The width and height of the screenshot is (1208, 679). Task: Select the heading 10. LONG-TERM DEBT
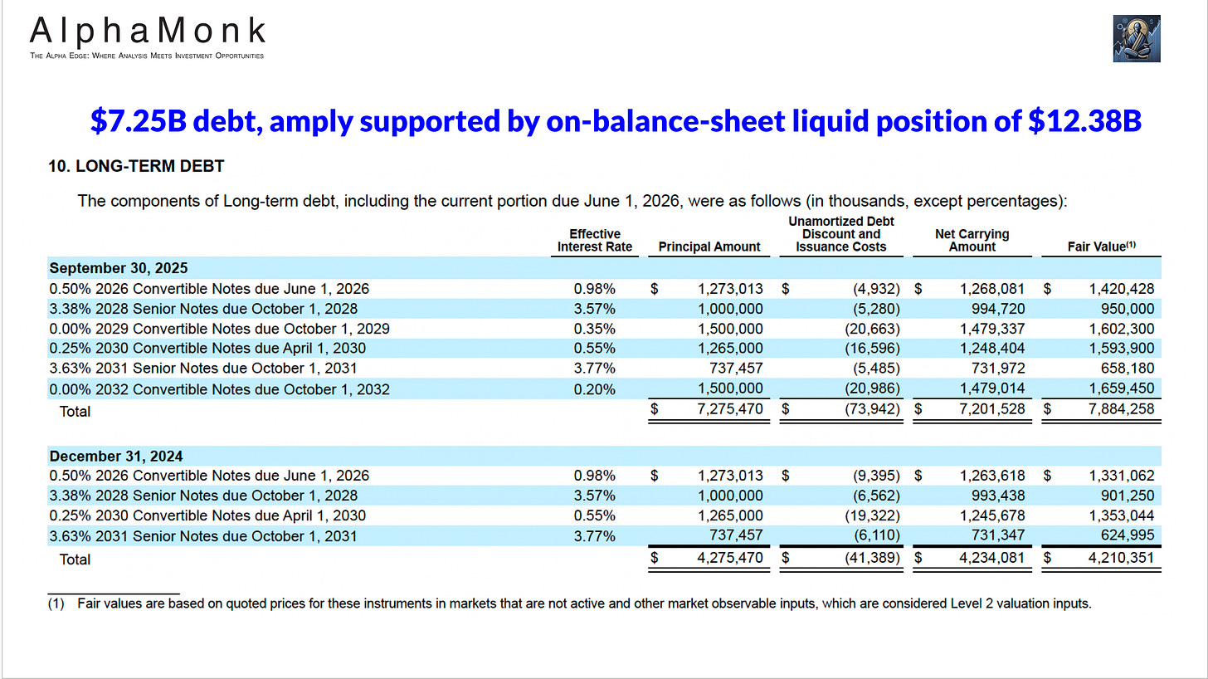(x=136, y=166)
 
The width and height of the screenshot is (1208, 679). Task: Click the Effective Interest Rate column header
(x=595, y=240)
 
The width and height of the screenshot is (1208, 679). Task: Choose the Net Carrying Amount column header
(x=972, y=240)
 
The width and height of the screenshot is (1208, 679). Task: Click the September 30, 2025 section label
(x=119, y=268)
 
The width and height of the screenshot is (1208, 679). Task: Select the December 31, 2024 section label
(x=116, y=456)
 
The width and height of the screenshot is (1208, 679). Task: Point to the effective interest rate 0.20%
(x=595, y=389)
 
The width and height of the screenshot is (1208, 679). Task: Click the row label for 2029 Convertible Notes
(x=219, y=329)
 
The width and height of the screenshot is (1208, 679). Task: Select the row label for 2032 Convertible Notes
(x=219, y=389)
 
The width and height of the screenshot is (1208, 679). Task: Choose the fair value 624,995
(x=1124, y=536)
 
